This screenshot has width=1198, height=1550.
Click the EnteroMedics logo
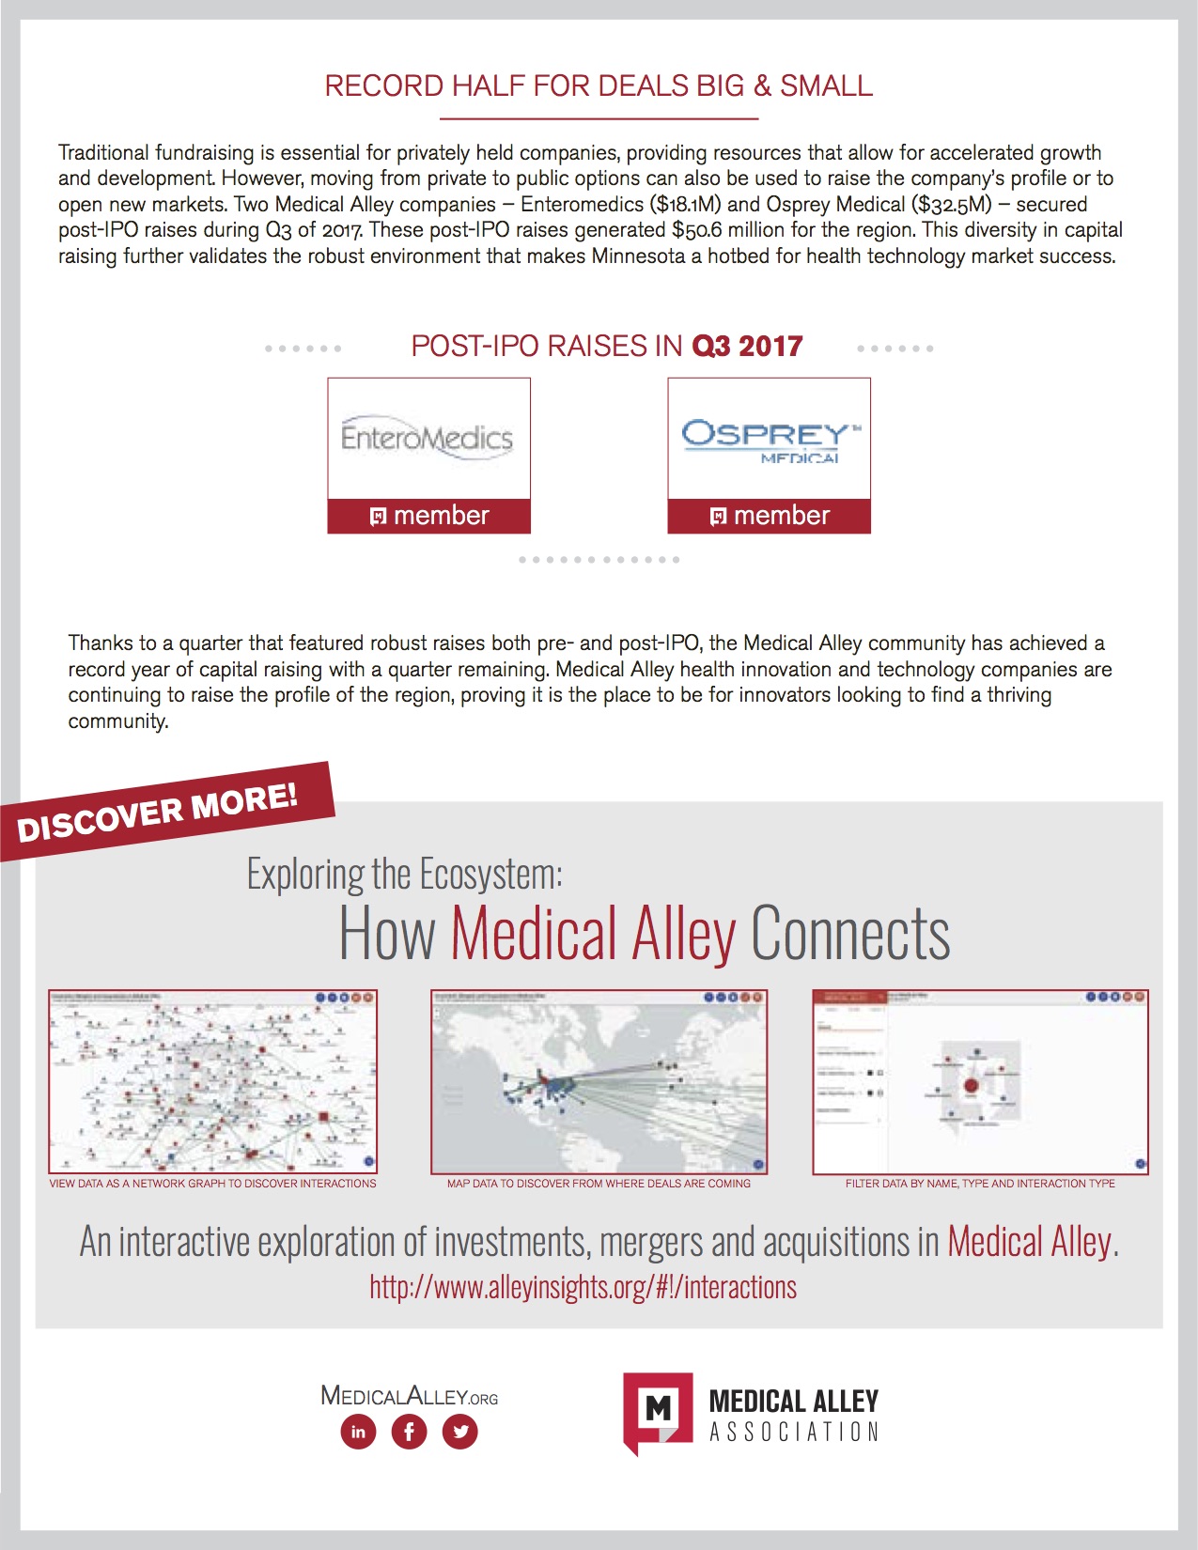click(x=428, y=438)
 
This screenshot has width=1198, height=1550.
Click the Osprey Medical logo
click(x=769, y=440)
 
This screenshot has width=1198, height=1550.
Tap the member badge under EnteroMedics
click(x=429, y=516)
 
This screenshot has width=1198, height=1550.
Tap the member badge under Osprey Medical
click(x=770, y=516)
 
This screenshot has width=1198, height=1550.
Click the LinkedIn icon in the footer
click(x=358, y=1432)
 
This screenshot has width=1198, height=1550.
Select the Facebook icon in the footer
click(x=409, y=1432)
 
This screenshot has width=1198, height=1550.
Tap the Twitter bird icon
click(x=460, y=1432)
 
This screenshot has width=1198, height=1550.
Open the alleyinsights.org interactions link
click(x=583, y=1287)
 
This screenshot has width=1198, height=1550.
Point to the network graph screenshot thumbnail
click(x=213, y=1081)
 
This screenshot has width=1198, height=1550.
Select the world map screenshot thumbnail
click(x=599, y=1081)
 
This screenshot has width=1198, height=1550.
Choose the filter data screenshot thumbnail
click(x=980, y=1081)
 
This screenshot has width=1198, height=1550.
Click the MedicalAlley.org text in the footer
click(x=409, y=1396)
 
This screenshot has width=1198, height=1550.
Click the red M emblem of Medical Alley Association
click(x=658, y=1409)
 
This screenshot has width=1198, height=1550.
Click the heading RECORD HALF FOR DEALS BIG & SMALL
click(x=599, y=85)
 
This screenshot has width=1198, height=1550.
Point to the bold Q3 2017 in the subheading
click(x=747, y=347)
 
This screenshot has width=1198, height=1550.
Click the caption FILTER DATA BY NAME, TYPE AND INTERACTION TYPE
click(x=980, y=1184)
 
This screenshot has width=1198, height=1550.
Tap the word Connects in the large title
click(x=850, y=934)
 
